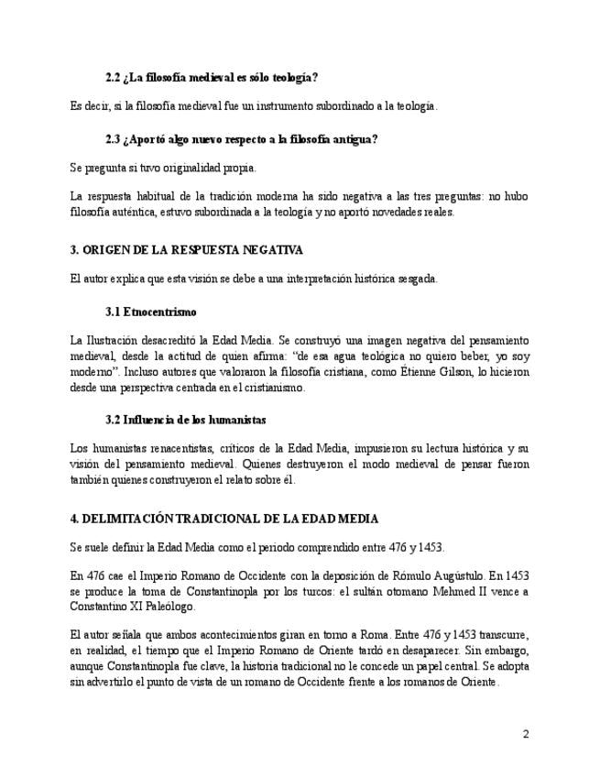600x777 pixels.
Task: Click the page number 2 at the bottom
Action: [x=526, y=734]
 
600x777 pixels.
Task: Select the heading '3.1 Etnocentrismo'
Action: [x=151, y=312]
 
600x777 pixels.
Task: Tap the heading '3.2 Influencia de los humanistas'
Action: [x=186, y=419]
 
